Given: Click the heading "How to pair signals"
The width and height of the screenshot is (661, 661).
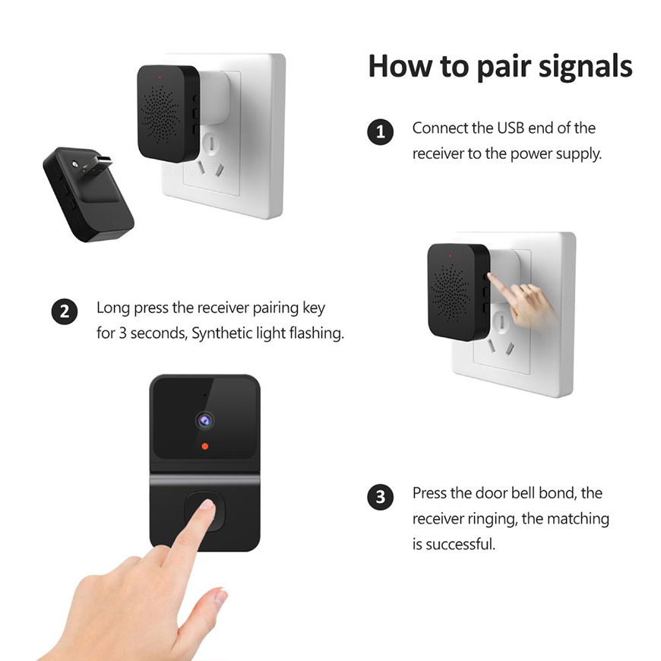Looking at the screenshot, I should tap(500, 67).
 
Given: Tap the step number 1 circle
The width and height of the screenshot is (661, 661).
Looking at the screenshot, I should tap(380, 132).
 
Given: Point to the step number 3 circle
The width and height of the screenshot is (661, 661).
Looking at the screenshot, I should tap(380, 498).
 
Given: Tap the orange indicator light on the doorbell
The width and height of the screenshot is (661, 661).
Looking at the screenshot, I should tap(204, 446).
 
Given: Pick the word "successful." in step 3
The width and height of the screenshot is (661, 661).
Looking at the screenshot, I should tap(460, 544).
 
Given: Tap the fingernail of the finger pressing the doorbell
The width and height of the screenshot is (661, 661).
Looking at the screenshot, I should tap(205, 508).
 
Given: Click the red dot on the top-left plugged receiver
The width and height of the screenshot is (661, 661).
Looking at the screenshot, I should tap(159, 77).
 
